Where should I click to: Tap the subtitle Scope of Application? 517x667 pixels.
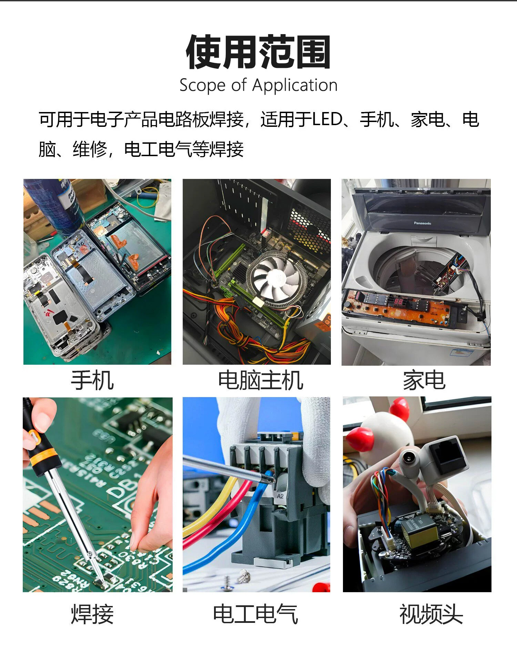[258, 85]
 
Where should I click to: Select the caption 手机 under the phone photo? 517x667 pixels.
[92, 381]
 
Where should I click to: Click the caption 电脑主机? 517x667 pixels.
[261, 381]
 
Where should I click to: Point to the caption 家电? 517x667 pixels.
[424, 381]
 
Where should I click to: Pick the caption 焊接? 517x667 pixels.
[92, 614]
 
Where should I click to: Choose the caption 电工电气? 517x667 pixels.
[255, 614]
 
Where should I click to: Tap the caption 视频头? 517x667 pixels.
[431, 614]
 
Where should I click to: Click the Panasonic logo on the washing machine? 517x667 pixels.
[423, 223]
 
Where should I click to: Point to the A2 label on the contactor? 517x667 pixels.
[280, 496]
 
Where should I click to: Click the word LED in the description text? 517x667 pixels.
[327, 120]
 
